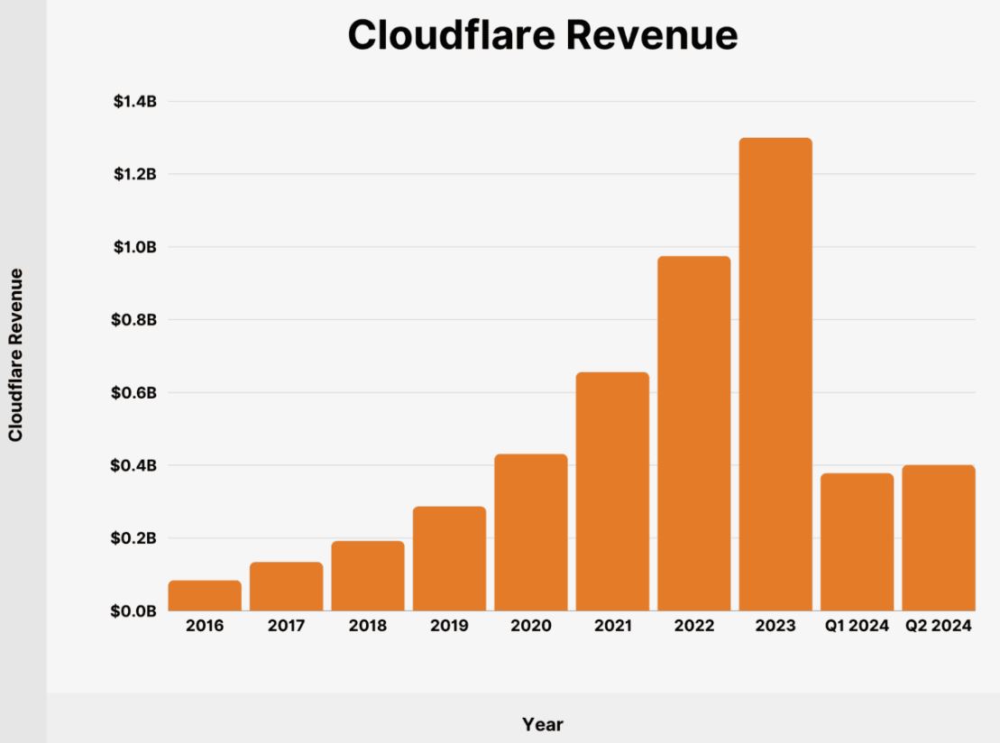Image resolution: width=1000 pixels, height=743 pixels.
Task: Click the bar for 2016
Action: pyautogui.click(x=205, y=596)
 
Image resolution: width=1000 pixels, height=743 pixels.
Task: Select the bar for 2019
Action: pyautogui.click(x=449, y=559)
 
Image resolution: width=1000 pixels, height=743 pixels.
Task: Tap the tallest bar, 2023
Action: pyautogui.click(x=775, y=374)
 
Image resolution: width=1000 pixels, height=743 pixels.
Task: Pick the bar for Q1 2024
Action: pyautogui.click(x=857, y=542)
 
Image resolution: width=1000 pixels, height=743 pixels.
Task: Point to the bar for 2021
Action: pyautogui.click(x=612, y=491)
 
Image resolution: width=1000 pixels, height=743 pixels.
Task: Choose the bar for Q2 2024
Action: pyautogui.click(x=938, y=538)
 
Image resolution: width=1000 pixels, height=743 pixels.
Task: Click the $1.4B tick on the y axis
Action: pyautogui.click(x=135, y=102)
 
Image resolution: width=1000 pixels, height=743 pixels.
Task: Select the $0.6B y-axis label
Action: pyautogui.click(x=135, y=393)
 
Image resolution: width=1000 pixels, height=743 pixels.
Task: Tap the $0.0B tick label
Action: pyautogui.click(x=135, y=611)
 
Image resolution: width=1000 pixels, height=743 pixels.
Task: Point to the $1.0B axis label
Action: pyautogui.click(x=135, y=247)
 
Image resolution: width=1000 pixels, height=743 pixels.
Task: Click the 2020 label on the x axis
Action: pyautogui.click(x=531, y=626)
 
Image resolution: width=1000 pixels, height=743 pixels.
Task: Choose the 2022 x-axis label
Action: pyautogui.click(x=694, y=626)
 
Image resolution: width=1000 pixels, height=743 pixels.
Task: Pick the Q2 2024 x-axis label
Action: pyautogui.click(x=938, y=626)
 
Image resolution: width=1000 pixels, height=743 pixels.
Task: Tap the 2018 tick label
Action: pyautogui.click(x=368, y=626)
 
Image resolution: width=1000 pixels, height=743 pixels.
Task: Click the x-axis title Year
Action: pyautogui.click(x=543, y=724)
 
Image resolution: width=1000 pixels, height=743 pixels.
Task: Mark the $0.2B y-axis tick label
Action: pyautogui.click(x=135, y=538)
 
